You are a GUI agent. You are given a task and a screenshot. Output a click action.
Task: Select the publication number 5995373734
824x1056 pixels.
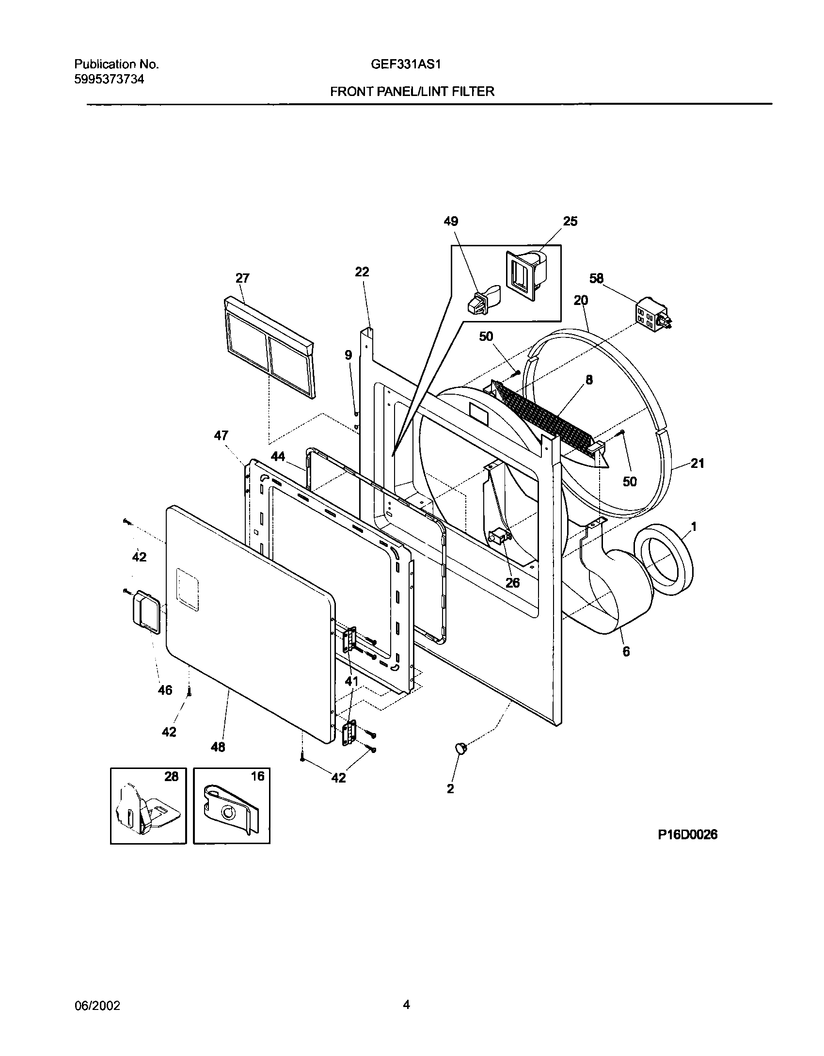tap(109, 80)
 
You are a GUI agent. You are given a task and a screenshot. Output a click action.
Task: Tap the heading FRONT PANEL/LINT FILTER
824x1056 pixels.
tap(412, 92)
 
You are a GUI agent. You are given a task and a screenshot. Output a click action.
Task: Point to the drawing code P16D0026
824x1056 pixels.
tap(687, 834)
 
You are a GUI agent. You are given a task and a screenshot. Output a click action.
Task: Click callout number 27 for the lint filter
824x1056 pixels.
tap(242, 278)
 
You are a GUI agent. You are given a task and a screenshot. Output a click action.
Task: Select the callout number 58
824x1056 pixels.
tap(596, 278)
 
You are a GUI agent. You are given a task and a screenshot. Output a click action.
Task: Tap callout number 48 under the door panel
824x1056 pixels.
tap(218, 747)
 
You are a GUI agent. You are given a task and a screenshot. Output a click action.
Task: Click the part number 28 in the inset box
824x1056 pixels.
tap(171, 776)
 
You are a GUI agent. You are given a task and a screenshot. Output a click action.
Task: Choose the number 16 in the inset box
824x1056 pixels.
tap(257, 776)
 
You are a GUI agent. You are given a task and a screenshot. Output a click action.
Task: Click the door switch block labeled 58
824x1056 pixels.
tap(652, 317)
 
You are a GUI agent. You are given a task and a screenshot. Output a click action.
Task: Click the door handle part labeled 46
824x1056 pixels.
tap(144, 612)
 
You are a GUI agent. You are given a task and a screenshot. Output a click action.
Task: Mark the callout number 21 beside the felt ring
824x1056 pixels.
tap(697, 464)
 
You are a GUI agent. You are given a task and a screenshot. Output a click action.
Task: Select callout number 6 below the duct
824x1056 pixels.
tap(626, 652)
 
